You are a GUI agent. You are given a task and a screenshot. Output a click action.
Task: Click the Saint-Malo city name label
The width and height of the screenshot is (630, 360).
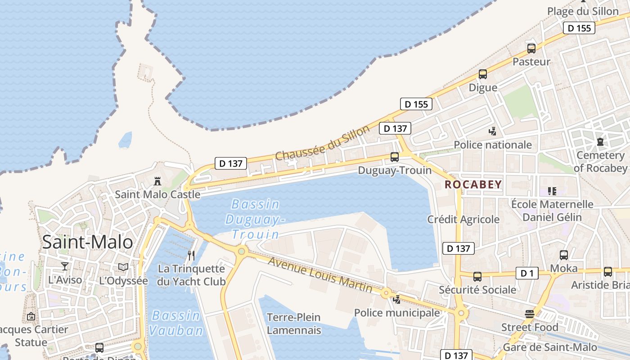click(x=88, y=242)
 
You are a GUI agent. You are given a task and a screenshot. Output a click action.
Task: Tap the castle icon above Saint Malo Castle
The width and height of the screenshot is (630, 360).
click(x=157, y=181)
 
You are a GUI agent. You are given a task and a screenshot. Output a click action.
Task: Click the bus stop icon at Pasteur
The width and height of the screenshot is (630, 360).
click(x=531, y=49)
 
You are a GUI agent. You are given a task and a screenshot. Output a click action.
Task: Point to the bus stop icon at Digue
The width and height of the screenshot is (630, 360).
click(x=483, y=74)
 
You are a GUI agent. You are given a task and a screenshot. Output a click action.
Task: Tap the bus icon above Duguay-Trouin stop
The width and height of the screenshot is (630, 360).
click(x=395, y=157)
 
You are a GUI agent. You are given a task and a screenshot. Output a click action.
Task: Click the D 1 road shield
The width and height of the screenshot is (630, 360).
click(x=527, y=273)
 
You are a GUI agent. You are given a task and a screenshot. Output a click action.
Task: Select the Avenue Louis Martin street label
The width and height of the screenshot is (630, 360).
click(x=320, y=274)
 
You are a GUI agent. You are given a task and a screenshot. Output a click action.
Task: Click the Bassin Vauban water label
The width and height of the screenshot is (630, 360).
click(x=176, y=323)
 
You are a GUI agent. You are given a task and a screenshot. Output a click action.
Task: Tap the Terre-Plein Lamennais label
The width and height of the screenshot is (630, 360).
click(x=294, y=324)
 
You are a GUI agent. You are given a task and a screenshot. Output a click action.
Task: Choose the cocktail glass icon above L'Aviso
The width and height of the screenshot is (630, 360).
click(x=65, y=266)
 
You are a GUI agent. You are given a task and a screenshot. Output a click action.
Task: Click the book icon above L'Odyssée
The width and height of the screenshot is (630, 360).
click(x=123, y=267)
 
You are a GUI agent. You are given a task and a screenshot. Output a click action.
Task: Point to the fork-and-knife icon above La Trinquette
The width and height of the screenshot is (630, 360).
click(x=191, y=256)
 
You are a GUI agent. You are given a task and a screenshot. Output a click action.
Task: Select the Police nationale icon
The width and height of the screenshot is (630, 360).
click(x=493, y=131)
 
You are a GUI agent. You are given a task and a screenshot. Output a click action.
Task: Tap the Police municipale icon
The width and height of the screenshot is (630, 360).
click(x=397, y=300)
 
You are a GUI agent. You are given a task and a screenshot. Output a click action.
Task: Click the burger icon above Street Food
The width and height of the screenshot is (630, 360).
click(x=530, y=314)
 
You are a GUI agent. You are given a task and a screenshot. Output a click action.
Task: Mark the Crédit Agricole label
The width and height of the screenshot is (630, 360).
click(x=463, y=219)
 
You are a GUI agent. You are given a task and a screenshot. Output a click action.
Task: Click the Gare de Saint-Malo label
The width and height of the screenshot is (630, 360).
click(x=550, y=347)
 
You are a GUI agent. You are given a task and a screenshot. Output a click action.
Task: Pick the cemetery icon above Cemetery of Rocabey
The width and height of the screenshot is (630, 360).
click(x=600, y=142)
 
